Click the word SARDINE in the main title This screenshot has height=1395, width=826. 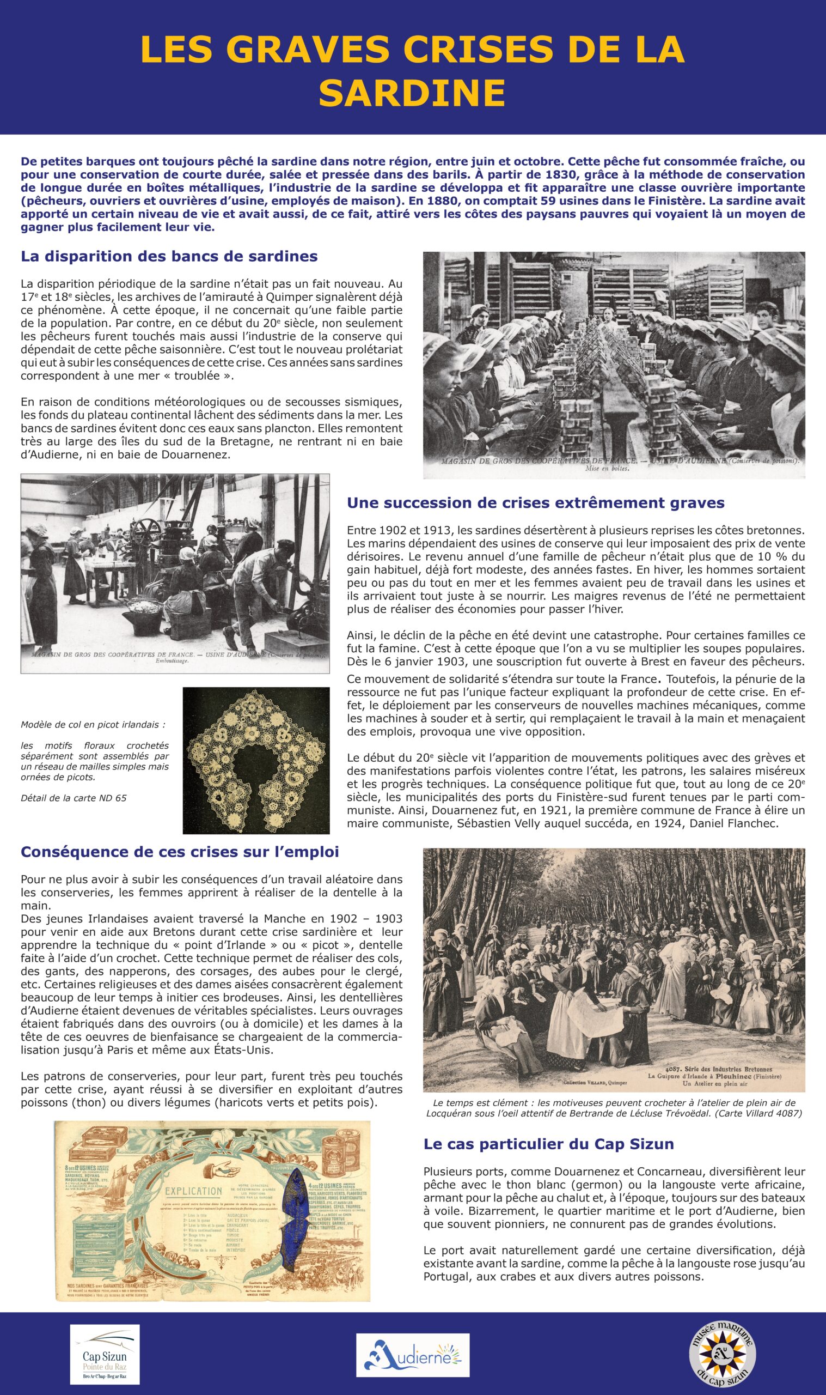(x=412, y=93)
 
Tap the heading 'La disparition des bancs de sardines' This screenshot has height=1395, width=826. (x=169, y=256)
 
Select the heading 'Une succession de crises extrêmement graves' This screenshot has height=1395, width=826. (x=535, y=503)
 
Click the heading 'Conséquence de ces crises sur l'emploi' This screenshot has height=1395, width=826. (x=180, y=852)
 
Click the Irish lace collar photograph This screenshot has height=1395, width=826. (x=256, y=760)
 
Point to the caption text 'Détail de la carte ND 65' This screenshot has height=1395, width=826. (x=74, y=798)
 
